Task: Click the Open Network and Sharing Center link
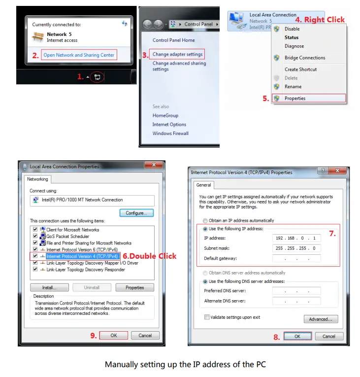79,55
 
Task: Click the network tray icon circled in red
98,77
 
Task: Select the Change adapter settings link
177,54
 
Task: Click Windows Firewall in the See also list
170,134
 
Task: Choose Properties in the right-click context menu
295,99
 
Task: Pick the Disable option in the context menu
292,29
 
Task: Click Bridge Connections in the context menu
305,58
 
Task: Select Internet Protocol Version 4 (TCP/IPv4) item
82,256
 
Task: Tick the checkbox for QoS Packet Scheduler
35,237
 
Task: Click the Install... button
49,287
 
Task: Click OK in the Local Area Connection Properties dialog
114,335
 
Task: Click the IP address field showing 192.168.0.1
296,238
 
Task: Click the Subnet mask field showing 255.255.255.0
296,248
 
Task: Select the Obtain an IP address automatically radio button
205,221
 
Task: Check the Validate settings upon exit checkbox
207,317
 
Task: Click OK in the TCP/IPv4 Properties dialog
297,336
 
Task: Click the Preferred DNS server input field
296,291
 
